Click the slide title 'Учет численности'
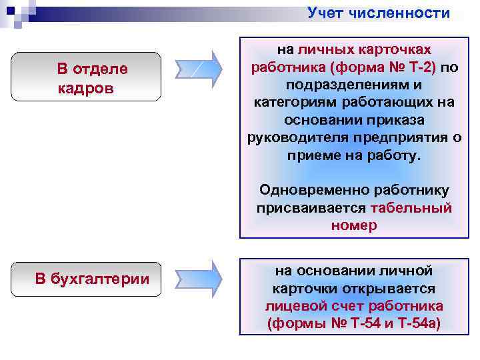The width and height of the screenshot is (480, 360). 379,13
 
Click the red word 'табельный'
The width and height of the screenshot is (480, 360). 411,208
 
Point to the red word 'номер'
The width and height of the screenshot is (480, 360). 353,225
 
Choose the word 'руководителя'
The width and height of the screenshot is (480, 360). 289,138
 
